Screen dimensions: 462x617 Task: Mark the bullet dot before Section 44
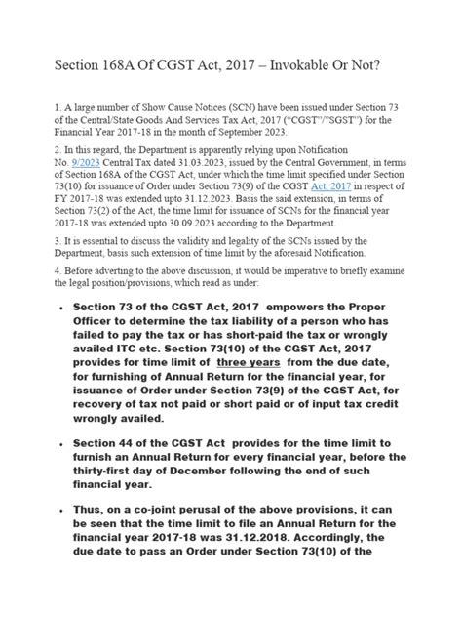click(x=61, y=446)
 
